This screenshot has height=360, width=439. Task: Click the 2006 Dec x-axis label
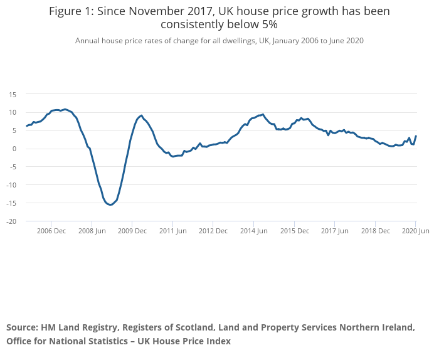[51, 231]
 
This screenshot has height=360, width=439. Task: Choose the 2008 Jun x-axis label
[92, 231]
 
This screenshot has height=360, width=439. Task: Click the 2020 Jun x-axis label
[415, 231]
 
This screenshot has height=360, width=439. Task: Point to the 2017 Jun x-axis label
[334, 231]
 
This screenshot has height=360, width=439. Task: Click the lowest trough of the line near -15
[110, 205]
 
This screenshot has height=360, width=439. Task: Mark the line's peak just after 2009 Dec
[141, 115]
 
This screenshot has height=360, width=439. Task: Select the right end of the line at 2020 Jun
[416, 137]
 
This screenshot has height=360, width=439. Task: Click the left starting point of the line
[26, 126]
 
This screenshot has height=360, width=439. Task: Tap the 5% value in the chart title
[266, 24]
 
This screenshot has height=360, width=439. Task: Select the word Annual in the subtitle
[87, 41]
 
